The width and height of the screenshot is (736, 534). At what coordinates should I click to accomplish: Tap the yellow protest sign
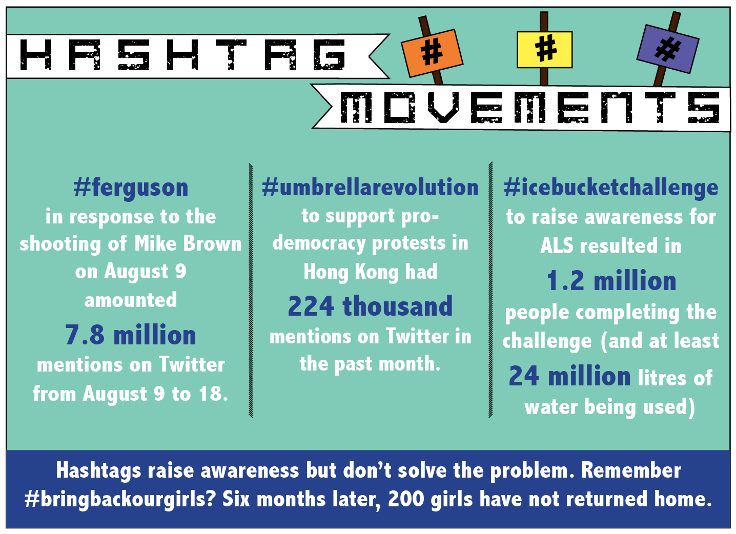544,50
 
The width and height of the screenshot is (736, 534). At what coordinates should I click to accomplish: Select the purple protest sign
668,49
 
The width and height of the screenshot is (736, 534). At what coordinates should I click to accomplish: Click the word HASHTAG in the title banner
182,55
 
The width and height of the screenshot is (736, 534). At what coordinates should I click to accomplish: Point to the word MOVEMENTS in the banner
529,108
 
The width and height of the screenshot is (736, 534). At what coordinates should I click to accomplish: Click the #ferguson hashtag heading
131,188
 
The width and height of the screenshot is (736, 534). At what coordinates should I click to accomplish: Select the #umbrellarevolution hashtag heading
370,188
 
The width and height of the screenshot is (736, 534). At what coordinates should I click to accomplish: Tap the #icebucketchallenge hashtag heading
611,188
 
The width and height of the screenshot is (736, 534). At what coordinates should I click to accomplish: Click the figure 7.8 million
131,335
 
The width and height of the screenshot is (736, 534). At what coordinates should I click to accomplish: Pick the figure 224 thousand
370,306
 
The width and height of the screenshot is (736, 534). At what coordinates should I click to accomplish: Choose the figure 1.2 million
611,281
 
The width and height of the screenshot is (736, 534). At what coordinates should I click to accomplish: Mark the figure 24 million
569,376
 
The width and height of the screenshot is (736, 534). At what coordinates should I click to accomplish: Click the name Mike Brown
188,243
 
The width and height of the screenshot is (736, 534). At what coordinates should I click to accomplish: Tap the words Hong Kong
351,272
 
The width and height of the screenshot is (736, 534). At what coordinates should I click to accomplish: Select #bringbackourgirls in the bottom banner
120,499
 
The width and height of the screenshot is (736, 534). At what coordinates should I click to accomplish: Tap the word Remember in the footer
631,470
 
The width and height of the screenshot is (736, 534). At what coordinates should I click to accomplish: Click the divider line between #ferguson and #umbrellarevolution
251,291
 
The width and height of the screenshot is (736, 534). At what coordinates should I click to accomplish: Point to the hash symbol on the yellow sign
546,49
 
